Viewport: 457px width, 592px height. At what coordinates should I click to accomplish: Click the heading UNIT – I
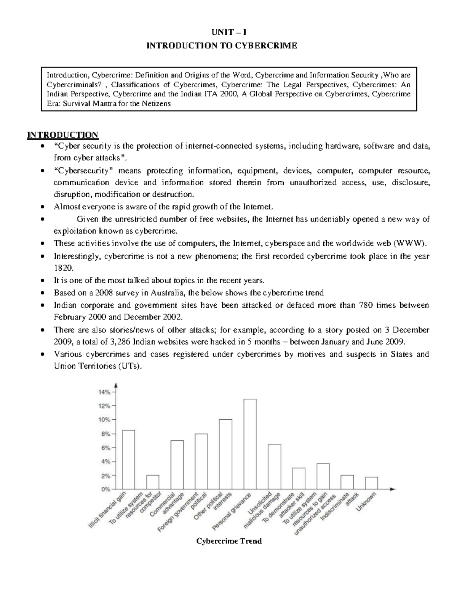click(x=229, y=32)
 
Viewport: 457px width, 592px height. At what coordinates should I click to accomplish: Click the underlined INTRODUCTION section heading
click(x=62, y=135)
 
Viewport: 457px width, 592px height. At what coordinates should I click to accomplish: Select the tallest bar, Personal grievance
click(x=250, y=444)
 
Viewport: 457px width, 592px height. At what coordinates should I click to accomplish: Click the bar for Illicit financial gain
click(x=128, y=459)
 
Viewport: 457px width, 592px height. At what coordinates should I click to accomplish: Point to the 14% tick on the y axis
click(x=105, y=391)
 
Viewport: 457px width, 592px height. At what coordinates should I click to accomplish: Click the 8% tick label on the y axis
click(x=105, y=434)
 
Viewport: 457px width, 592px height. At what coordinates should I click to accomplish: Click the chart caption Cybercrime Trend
click(x=228, y=541)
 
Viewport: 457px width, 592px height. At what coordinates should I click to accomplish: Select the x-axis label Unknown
click(x=366, y=502)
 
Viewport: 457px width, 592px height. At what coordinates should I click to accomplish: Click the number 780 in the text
click(x=366, y=305)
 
